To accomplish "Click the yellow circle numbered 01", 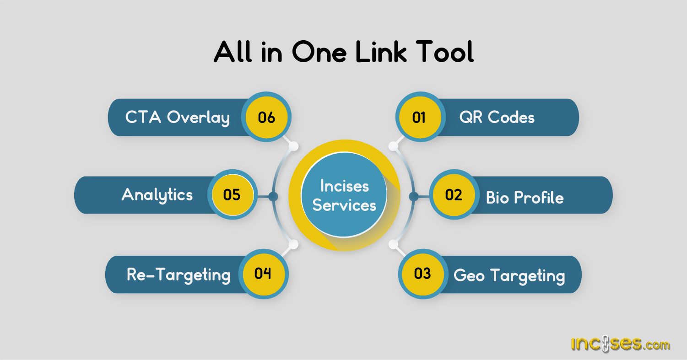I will point(419,117).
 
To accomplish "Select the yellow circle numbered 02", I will point(454,195).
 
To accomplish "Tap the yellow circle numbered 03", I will point(422,274).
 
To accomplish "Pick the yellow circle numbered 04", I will point(263,274).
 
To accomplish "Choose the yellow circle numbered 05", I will point(232,195).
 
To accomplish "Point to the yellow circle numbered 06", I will point(266,117).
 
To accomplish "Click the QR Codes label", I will point(497,118).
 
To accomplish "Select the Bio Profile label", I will point(525,198).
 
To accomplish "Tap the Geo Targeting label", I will point(509,276).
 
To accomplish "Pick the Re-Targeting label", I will point(179,275).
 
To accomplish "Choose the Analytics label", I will point(157,195).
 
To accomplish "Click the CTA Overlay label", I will point(178,118).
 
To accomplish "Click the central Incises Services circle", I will point(344,195).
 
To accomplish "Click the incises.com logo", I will point(620,344).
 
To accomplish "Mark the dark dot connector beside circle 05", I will point(273,197).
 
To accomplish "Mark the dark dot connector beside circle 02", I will point(414,197).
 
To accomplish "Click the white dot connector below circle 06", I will point(294,146).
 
